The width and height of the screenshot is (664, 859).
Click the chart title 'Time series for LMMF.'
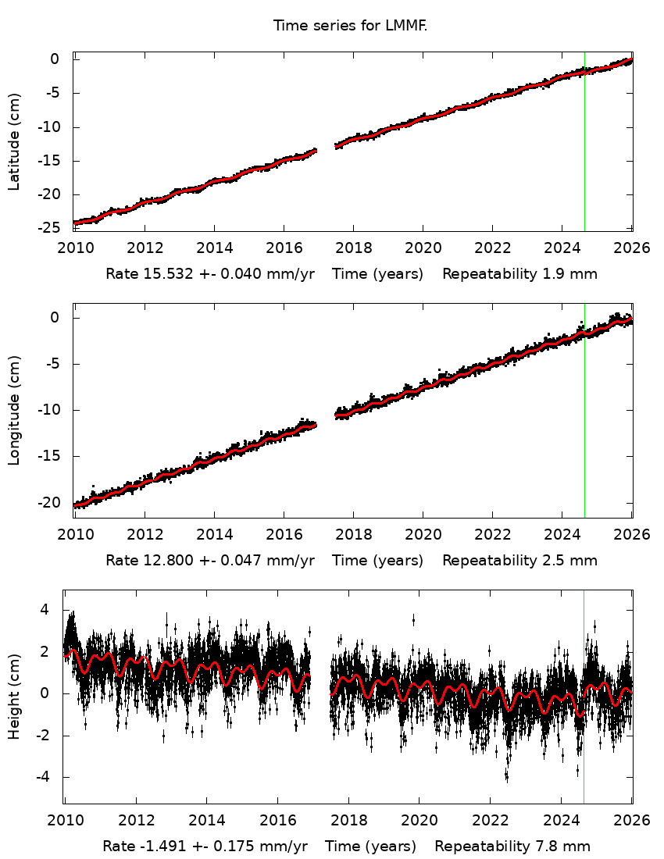pyautogui.click(x=350, y=26)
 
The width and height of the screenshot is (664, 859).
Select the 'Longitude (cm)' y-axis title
pyautogui.click(x=14, y=411)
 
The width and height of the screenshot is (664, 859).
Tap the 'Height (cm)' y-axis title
pyautogui.click(x=14, y=695)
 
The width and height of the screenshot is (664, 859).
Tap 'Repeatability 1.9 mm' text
pyautogui.click(x=519, y=275)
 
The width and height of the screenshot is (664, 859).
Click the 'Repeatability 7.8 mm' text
pyautogui.click(x=512, y=847)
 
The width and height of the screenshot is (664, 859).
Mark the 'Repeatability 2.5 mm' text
pyautogui.click(x=519, y=561)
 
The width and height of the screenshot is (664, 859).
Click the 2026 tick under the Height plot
pyautogui.click(x=631, y=821)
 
